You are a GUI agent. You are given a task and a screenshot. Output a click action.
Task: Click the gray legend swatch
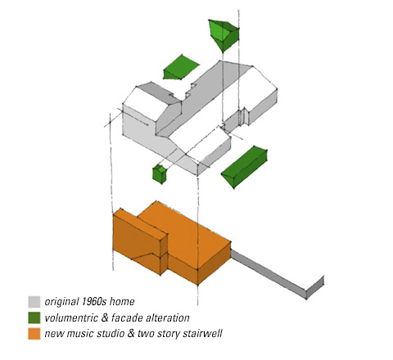click(x=34, y=302)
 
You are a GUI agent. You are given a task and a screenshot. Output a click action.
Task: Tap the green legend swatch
click(x=34, y=317)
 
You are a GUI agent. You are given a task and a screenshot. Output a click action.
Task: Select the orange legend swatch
click(x=34, y=334)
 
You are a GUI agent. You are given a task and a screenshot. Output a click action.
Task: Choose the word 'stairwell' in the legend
click(x=202, y=334)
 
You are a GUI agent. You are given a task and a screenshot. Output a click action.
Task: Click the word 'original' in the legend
click(x=61, y=302)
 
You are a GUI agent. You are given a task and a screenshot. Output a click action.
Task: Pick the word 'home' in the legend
click(x=122, y=302)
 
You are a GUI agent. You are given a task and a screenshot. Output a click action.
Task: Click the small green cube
click(x=160, y=174)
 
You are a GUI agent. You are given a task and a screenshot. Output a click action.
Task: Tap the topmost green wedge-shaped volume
click(x=224, y=34)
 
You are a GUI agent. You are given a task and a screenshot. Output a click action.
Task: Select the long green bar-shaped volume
click(x=244, y=166)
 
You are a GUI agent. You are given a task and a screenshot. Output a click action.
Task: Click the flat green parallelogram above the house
click(x=181, y=67)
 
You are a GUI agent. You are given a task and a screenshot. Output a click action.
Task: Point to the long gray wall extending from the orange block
click(x=276, y=274)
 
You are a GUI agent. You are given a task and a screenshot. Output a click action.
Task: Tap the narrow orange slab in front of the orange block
click(x=140, y=241)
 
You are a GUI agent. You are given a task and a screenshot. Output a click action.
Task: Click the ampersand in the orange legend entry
click(x=131, y=334)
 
